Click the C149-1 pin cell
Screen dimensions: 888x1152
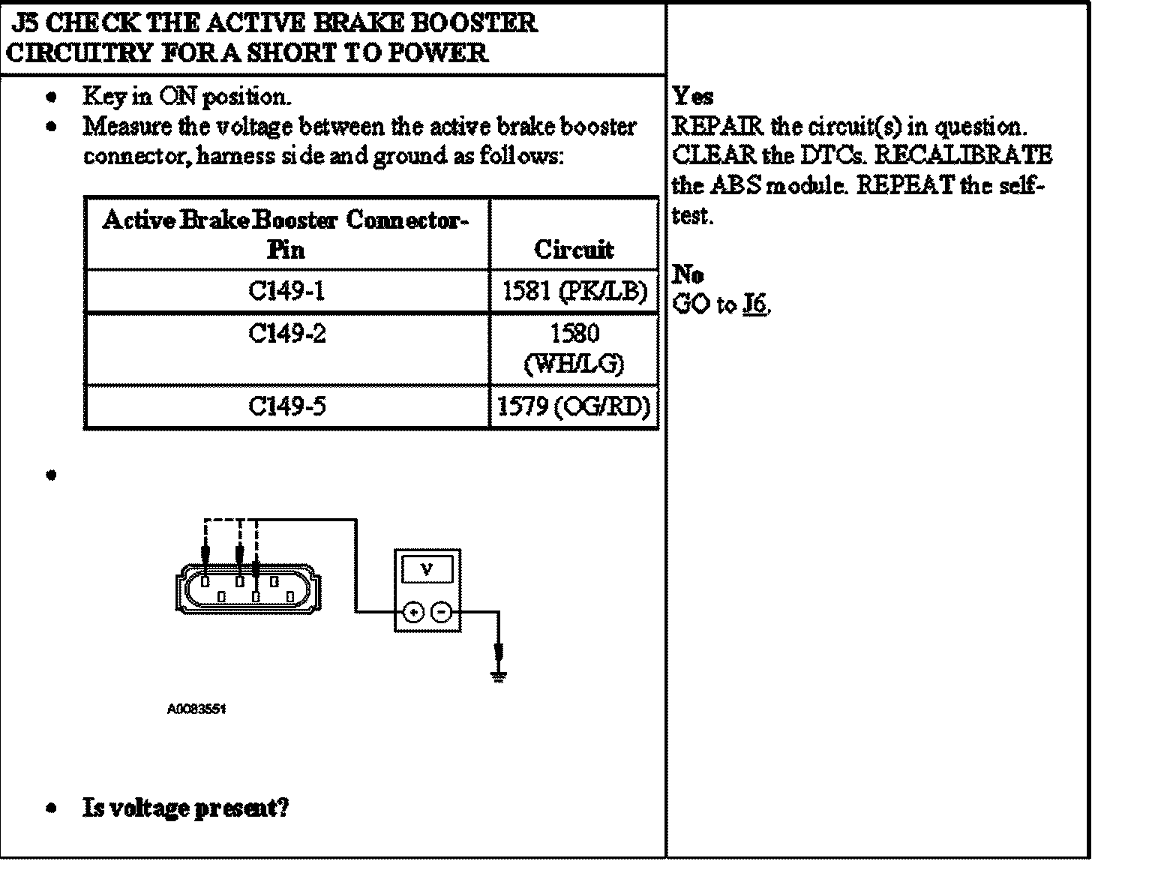click(x=287, y=291)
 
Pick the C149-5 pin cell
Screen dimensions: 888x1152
click(x=287, y=406)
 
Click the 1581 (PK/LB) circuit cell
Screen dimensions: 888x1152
click(x=574, y=291)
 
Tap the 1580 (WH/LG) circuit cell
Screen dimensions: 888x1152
click(x=574, y=349)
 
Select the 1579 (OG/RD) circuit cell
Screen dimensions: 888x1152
click(x=574, y=406)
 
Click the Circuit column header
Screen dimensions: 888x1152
click(x=574, y=249)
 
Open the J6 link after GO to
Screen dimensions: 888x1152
click(x=754, y=304)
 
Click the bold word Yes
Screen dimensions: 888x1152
click(x=693, y=97)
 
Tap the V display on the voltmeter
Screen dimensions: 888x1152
click(x=427, y=569)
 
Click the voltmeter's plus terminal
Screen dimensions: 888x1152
click(x=412, y=613)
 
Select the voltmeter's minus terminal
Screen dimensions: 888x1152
click(x=442, y=613)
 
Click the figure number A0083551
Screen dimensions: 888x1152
click(x=196, y=709)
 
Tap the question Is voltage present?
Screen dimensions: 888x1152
click(x=185, y=808)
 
